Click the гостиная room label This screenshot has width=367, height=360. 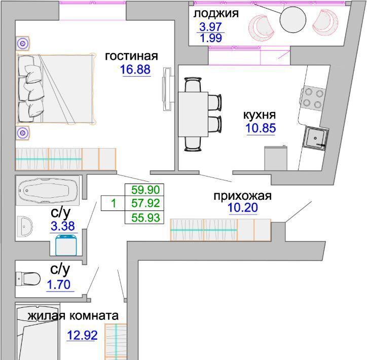click(131, 56)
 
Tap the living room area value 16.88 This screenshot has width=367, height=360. click(135, 69)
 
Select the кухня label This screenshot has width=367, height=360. click(260, 115)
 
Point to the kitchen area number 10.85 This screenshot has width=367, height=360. click(261, 128)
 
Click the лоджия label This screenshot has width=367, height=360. click(216, 14)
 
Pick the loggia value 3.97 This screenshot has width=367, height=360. click(210, 27)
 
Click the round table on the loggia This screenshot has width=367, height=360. click(293, 20)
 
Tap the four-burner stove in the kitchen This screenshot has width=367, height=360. click(313, 98)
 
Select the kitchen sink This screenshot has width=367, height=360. click(315, 137)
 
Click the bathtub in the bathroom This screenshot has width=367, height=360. click(48, 191)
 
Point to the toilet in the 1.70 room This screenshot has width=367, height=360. click(28, 279)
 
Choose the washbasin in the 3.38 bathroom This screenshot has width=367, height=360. click(24, 226)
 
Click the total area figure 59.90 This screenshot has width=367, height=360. click(145, 190)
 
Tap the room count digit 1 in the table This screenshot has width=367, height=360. click(114, 203)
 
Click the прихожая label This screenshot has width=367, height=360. click(242, 196)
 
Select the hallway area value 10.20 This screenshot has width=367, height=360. click(243, 207)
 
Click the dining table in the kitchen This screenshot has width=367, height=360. click(193, 114)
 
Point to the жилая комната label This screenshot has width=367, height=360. click(73, 316)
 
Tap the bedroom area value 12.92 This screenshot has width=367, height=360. click(82, 335)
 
